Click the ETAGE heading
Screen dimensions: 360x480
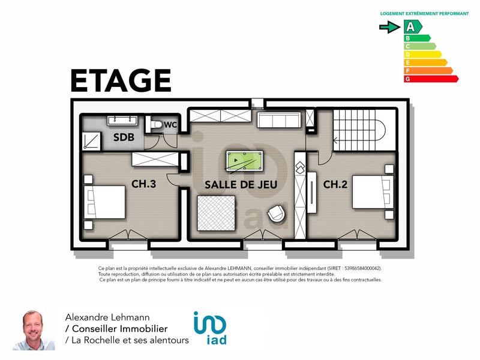tap(121, 81)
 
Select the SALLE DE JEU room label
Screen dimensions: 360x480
tap(241, 185)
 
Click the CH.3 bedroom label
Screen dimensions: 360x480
tap(144, 184)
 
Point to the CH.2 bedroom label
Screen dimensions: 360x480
tap(335, 184)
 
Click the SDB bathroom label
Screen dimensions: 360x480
tap(124, 137)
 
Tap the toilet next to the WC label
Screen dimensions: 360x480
tap(157, 125)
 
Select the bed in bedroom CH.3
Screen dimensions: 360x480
tap(104, 201)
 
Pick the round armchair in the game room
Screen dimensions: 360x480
tap(277, 214)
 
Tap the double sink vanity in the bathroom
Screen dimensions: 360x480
tap(123, 121)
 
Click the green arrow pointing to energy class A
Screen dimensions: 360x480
tap(390, 26)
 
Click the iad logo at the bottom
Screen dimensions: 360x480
tap(210, 328)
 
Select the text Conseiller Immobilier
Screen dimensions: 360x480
tap(119, 329)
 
